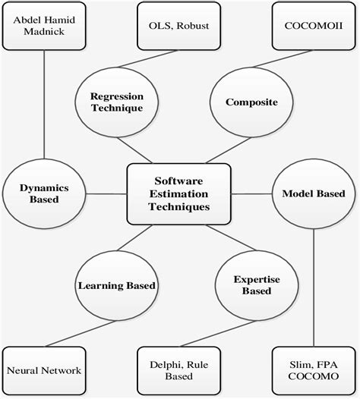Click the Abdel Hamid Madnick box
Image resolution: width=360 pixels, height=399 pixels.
(44, 26)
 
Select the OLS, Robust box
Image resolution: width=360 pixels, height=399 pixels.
(178, 26)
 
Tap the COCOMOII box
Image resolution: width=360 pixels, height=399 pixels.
(314, 26)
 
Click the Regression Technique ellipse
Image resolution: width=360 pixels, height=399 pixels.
(117, 102)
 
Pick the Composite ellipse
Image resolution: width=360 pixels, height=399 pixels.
(251, 102)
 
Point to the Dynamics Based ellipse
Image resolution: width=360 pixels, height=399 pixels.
(44, 194)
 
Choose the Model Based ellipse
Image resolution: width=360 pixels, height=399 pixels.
(314, 194)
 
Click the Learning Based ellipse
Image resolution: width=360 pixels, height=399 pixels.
(117, 285)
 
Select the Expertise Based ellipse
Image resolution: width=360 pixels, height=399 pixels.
(257, 285)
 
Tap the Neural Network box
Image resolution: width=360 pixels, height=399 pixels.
(44, 370)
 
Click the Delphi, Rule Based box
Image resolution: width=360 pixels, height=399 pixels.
(178, 370)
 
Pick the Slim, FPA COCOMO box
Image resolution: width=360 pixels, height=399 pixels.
(314, 370)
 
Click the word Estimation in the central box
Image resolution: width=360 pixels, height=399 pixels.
(178, 194)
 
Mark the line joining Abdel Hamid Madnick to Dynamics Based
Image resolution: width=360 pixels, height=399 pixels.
(44, 105)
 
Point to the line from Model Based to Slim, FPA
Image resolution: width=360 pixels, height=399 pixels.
(314, 287)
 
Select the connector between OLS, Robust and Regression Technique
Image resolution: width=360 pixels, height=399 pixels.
(148, 58)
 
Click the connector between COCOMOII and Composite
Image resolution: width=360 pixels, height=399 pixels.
(283, 58)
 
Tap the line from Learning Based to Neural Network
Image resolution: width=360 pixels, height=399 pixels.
(81, 334)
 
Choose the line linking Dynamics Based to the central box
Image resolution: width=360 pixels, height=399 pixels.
(106, 194)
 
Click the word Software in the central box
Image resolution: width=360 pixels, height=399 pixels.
(178, 181)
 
